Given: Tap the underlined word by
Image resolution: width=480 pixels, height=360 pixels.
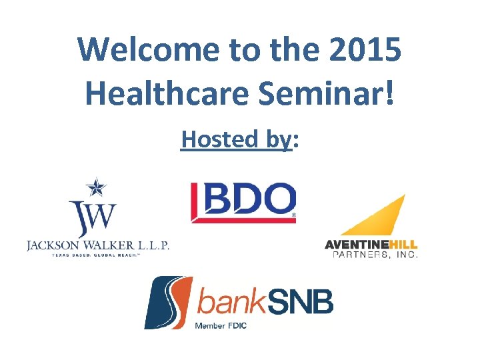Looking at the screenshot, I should tap(277, 139).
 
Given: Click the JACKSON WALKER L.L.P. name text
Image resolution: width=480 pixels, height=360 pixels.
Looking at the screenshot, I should tap(98, 245).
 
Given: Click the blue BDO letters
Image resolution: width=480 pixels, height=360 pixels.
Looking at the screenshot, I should tap(247, 199).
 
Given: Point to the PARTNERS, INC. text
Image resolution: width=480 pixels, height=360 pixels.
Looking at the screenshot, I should tap(371, 255).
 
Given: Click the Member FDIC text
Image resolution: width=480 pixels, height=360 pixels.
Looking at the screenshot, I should tap(224, 325).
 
